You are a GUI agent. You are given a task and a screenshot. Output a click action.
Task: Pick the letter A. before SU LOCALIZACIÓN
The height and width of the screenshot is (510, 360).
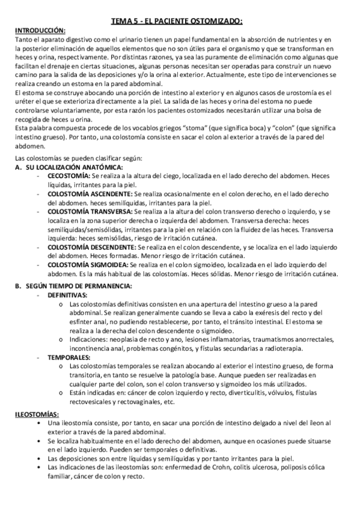click(x=19, y=167)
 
